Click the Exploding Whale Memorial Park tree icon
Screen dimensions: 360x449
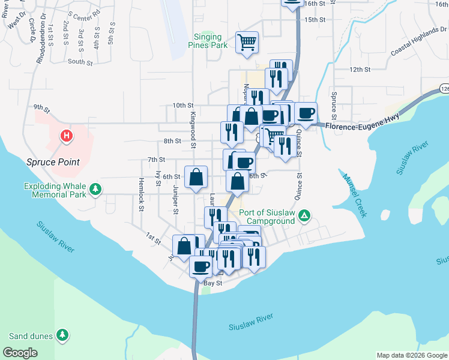point(95,190)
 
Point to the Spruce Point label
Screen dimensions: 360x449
point(53,162)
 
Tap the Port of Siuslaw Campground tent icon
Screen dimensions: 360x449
point(304,215)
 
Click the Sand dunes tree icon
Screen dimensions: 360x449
point(62,335)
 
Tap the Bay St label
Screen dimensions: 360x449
point(213,283)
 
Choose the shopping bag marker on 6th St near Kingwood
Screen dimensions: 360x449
point(196,177)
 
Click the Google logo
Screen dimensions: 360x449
point(20,353)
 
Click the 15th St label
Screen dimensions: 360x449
point(315,20)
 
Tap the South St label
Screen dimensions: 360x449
point(80,62)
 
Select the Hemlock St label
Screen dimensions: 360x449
point(142,194)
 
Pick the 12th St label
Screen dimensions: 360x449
point(360,70)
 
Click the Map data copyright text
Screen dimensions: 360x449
point(412,355)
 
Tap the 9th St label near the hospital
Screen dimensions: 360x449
point(41,108)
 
